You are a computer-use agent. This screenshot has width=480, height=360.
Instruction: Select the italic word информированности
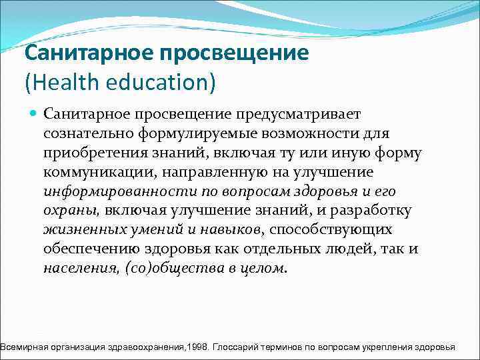[108, 192]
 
